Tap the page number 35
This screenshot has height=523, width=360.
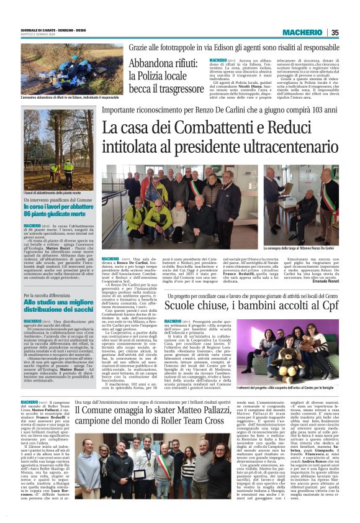(335, 32)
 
